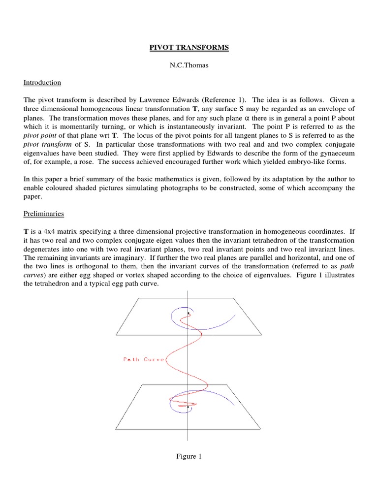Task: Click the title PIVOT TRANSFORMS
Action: [x=189, y=48]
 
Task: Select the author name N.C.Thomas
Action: [x=189, y=65]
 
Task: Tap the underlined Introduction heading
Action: [x=42, y=83]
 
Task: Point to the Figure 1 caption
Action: [x=189, y=456]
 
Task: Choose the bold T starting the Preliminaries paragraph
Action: [x=26, y=231]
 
